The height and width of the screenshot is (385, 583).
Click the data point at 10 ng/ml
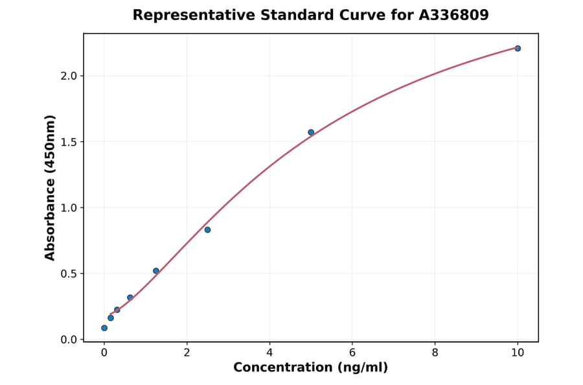pyautogui.click(x=518, y=49)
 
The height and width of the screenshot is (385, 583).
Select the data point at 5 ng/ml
pyautogui.click(x=311, y=132)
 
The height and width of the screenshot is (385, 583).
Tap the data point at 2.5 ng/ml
pyautogui.click(x=207, y=229)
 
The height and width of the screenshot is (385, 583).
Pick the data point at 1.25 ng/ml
pyautogui.click(x=156, y=271)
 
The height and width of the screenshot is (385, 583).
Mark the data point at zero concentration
pyautogui.click(x=104, y=328)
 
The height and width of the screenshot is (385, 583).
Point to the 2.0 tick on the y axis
pyautogui.click(x=69, y=76)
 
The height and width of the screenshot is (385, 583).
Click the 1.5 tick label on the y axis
pyautogui.click(x=69, y=142)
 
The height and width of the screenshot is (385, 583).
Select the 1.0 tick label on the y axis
pyautogui.click(x=69, y=208)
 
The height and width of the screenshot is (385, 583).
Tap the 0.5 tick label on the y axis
pyautogui.click(x=69, y=274)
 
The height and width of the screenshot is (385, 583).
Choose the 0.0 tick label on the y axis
pyautogui.click(x=69, y=340)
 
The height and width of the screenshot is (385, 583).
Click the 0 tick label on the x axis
pyautogui.click(x=104, y=353)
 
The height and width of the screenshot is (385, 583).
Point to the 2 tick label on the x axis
pyautogui.click(x=187, y=353)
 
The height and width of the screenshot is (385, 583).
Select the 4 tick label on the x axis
pyautogui.click(x=269, y=353)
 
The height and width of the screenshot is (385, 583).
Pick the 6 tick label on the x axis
pyautogui.click(x=352, y=353)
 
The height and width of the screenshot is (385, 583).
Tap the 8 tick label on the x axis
pyautogui.click(x=435, y=353)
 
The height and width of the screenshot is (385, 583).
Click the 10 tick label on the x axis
pyautogui.click(x=518, y=353)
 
